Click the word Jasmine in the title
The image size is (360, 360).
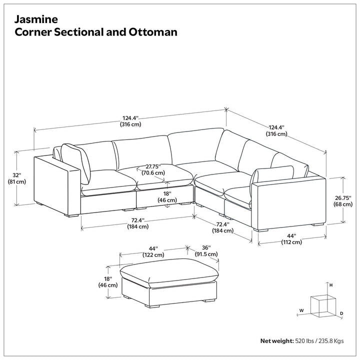coord(36,19)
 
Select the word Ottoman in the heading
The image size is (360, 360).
coord(153,32)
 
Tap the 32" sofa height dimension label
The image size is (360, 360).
coord(17,178)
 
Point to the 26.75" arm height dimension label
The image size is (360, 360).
coord(343,201)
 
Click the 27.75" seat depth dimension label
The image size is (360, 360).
coord(153,169)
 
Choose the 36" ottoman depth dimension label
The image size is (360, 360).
coord(206,251)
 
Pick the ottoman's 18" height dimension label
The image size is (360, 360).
coord(108,282)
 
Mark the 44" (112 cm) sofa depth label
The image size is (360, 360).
coord(291,239)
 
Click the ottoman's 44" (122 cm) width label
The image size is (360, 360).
coord(153,251)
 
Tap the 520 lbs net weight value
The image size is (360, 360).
coord(304,341)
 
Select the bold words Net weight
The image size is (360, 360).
coord(277,341)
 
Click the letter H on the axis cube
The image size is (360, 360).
coord(331,285)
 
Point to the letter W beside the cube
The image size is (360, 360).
coord(301,310)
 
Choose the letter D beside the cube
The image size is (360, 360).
coord(341,313)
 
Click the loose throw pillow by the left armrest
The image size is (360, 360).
coord(76,163)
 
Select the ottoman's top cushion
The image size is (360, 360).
coord(169,272)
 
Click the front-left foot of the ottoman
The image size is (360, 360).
coord(152,306)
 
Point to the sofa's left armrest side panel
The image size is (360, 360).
coord(57,185)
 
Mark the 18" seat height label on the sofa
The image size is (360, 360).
coord(167,197)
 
